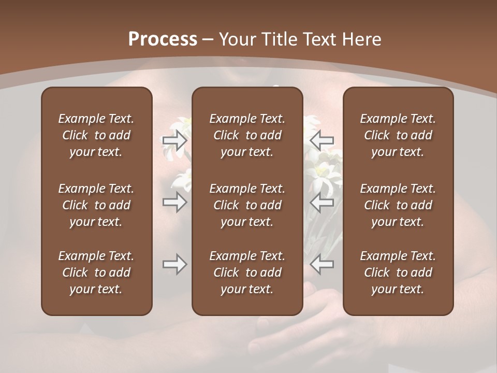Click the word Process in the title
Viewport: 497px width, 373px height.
pos(163,39)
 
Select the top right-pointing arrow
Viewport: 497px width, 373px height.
pos(174,140)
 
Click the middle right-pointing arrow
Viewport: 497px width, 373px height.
pos(174,203)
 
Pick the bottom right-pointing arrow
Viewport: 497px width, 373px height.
pos(174,264)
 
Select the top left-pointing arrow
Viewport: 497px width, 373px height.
pos(321,140)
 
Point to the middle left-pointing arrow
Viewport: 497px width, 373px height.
pos(321,203)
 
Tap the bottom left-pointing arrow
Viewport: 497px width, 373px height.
pos(321,264)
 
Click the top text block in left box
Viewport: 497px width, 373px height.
pos(96,135)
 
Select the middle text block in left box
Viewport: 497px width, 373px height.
pos(96,205)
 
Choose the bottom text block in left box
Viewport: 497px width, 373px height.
pos(96,272)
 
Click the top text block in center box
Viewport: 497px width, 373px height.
pos(247,135)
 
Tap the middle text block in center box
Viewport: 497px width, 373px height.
pos(247,205)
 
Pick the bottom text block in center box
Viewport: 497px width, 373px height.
pos(247,272)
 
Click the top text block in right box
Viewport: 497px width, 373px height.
pos(398,135)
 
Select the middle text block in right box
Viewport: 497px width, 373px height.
pos(398,205)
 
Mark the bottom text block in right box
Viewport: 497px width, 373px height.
pos(398,272)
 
